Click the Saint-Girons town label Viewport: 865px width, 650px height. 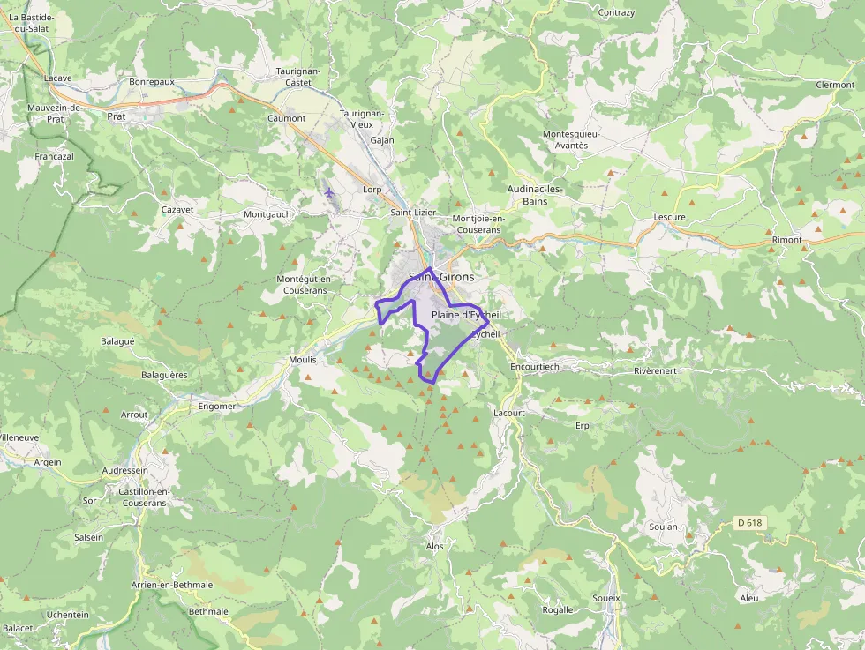441,277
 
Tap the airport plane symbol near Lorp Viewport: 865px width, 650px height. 329,192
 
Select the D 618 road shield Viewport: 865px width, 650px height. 748,523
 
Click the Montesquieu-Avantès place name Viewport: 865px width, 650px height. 571,139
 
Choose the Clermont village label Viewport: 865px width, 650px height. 835,85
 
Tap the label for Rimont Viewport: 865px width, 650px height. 786,240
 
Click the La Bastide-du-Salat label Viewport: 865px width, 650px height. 31,23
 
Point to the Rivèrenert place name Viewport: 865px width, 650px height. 655,371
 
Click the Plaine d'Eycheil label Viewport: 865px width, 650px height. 466,315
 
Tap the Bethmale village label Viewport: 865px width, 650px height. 208,611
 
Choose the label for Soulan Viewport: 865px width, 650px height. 663,527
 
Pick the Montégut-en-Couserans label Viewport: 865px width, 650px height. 305,285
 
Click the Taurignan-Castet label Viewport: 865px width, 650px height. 298,76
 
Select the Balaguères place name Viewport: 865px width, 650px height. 164,375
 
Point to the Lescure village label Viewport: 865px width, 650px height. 669,217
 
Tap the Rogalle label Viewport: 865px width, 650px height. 557,609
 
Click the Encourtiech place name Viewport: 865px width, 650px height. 535,366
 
